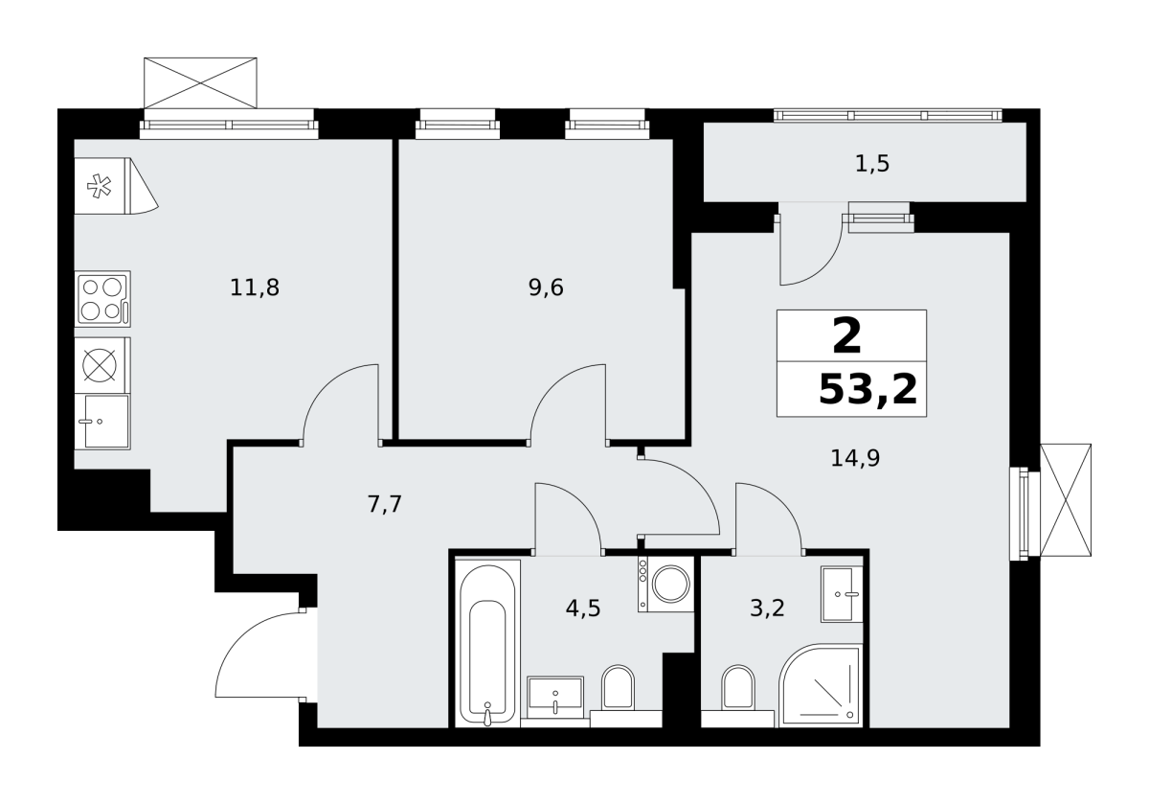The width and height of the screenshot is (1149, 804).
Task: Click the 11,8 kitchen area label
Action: point(255,288)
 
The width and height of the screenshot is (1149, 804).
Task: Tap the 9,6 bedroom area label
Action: point(546,288)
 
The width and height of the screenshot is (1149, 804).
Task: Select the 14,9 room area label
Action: point(855,458)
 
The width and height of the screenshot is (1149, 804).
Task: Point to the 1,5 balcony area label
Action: point(872,164)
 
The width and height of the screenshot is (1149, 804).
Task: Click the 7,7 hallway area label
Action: point(385,504)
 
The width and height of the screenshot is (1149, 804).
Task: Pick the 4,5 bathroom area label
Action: point(583,609)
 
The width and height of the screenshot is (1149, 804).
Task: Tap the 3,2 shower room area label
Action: point(767,609)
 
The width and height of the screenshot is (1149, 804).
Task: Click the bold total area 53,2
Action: point(867,390)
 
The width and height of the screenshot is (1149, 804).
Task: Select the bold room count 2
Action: point(846,336)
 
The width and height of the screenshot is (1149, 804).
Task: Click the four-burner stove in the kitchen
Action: point(102,299)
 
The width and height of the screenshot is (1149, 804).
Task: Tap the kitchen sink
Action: point(102,422)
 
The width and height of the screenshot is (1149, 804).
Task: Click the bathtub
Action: point(487,643)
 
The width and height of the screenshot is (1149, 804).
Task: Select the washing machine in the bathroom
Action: point(665,584)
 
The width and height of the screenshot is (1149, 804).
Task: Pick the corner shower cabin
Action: point(821,685)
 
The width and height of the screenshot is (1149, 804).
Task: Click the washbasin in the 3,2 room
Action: point(842,594)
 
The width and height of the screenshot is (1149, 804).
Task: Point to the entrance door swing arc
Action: point(239,632)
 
